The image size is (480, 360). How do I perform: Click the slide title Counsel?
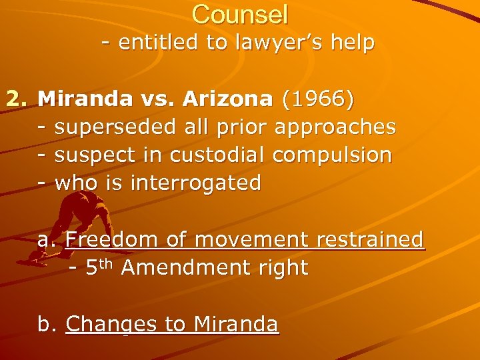pos(240,14)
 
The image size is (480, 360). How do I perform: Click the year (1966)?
pos(318,99)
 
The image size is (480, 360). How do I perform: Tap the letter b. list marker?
pos(47,324)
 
